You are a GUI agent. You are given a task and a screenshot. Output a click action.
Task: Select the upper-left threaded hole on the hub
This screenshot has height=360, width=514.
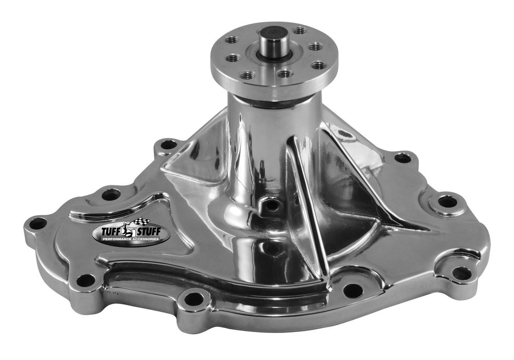(232, 39)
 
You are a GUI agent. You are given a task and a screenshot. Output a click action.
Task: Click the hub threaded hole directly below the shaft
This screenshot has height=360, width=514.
(285, 74)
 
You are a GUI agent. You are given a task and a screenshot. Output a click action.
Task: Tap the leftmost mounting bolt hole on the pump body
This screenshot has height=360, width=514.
(38, 223)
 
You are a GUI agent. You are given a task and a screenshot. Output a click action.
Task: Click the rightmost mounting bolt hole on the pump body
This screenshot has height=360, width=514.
(462, 273)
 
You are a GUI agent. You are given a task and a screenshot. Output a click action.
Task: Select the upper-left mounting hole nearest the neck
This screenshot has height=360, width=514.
(168, 144)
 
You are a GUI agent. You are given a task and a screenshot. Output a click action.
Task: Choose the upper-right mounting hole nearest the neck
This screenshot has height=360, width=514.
(403, 158)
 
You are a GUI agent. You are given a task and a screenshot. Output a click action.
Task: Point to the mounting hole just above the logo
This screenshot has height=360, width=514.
(111, 195)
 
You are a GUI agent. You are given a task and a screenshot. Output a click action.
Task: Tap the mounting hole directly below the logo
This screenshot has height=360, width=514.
(86, 280)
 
